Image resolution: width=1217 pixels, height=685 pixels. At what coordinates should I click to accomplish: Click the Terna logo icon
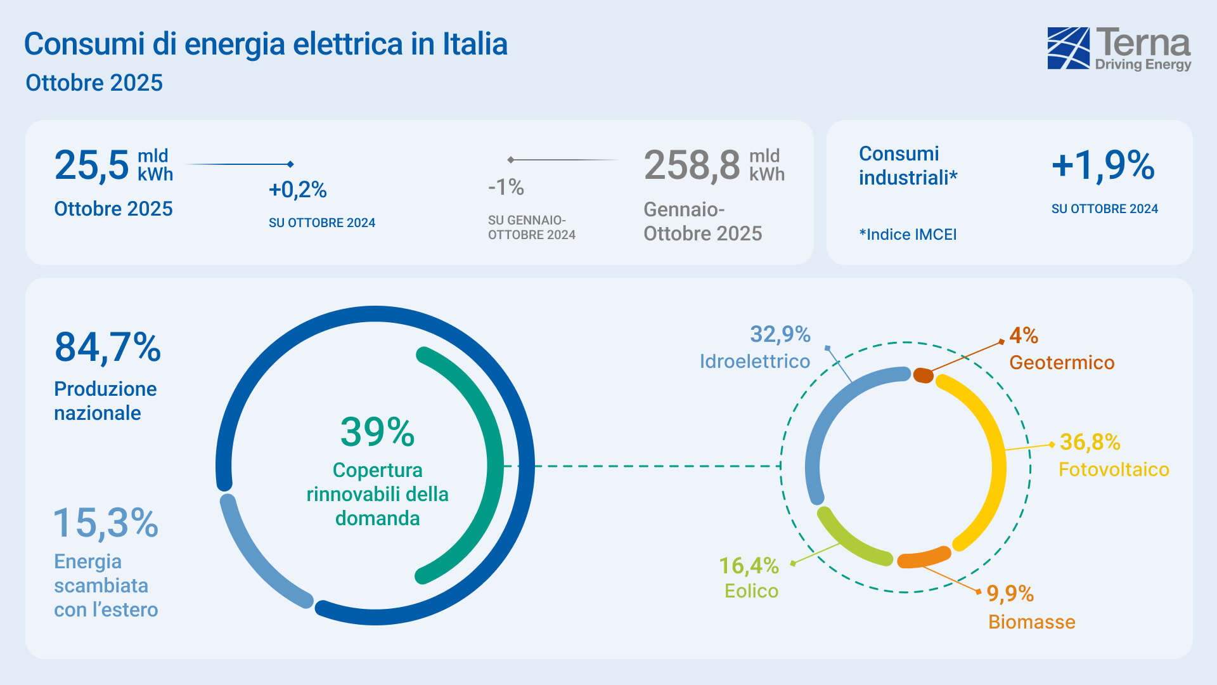1068,48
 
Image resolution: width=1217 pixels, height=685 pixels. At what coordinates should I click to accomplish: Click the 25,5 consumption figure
92,166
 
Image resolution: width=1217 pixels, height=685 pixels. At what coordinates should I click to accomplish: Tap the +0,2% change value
297,190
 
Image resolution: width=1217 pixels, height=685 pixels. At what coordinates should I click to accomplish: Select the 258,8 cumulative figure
692,166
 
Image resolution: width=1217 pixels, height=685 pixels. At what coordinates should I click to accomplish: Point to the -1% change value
506,187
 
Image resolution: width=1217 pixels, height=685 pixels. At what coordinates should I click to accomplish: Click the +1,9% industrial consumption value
1103,165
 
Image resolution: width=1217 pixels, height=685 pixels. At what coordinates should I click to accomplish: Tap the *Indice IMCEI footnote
908,235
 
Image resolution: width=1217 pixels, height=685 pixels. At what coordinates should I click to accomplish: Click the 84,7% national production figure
108,348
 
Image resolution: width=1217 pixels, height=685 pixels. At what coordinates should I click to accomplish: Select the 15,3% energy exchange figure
106,523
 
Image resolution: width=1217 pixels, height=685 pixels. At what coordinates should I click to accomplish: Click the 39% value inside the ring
377,432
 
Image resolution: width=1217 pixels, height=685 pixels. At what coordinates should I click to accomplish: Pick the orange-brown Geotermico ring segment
924,375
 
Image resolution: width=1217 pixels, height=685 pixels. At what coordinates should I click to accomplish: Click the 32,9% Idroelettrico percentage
780,334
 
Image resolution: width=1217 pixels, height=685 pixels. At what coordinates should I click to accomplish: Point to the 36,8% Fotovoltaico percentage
1090,442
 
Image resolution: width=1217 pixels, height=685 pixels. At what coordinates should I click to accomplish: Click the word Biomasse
1031,622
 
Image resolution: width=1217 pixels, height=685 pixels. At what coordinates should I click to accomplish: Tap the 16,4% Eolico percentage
749,565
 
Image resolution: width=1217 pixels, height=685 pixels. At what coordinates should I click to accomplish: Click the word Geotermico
1062,363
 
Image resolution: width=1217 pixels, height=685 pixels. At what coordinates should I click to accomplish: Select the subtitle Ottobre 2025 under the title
94,83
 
